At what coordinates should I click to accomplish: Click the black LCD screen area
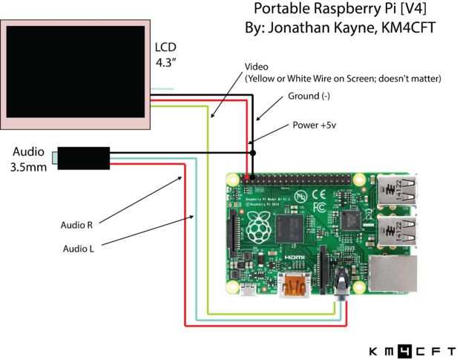(76, 71)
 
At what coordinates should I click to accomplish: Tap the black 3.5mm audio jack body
(84, 157)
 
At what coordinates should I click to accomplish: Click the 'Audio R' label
(77, 225)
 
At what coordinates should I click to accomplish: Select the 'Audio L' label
(77, 249)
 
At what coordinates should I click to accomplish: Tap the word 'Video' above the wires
(257, 66)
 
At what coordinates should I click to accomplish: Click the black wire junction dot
(253, 153)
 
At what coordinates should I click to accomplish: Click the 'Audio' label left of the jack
(28, 151)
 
